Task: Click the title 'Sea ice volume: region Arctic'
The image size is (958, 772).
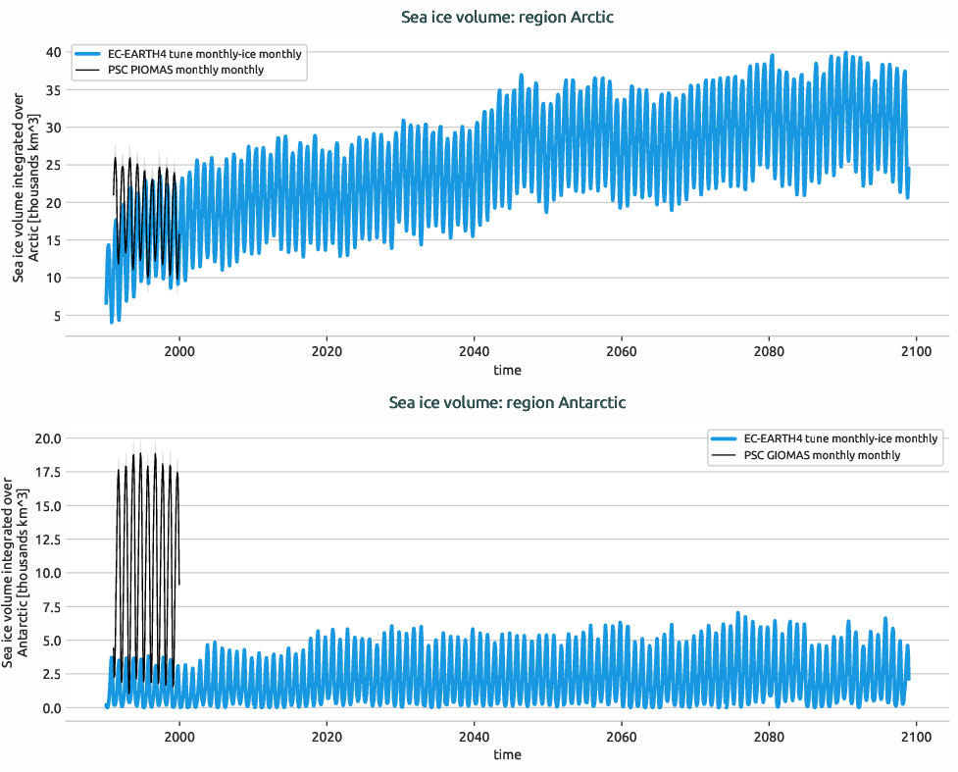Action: coord(507,17)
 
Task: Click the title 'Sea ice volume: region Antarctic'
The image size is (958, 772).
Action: coord(507,402)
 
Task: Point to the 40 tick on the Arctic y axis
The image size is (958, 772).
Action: coord(52,52)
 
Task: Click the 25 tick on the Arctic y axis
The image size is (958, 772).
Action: coord(52,165)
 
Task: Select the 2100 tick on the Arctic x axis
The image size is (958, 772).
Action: coord(916,351)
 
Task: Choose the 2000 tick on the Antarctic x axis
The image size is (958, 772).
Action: coord(179,736)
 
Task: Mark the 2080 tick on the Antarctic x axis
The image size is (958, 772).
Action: coord(769,736)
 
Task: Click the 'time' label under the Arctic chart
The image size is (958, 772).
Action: coord(507,370)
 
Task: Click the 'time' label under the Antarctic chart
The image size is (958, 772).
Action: coord(507,754)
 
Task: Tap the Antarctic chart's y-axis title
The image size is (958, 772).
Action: coord(17,572)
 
